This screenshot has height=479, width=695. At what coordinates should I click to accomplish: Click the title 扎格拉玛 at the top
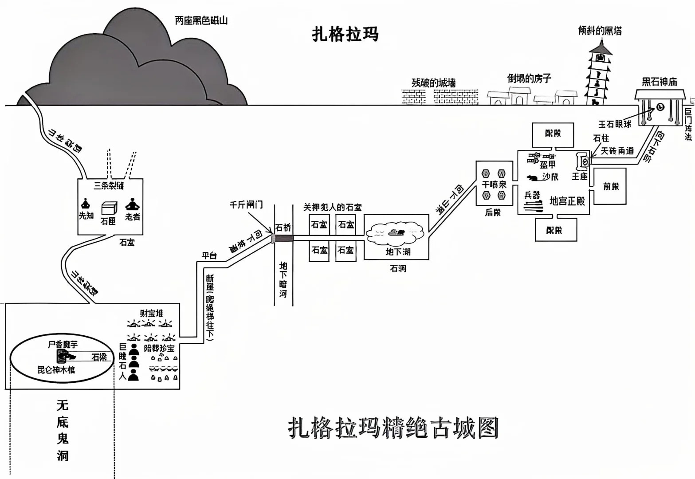click(346, 34)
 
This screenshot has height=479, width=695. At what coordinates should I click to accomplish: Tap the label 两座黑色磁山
click(201, 20)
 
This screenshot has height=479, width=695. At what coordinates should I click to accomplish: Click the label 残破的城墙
click(433, 83)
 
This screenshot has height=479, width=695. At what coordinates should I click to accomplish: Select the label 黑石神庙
click(660, 82)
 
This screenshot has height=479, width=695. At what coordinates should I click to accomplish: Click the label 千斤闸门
click(246, 204)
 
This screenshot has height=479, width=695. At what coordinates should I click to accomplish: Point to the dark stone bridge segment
click(283, 239)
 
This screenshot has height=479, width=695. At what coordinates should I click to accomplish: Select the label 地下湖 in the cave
click(398, 252)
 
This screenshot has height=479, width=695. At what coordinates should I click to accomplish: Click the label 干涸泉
click(494, 185)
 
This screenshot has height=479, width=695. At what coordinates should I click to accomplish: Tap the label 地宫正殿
click(567, 201)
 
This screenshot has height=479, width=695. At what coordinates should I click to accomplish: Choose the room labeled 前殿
click(610, 186)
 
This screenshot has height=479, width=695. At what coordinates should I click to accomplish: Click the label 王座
click(579, 177)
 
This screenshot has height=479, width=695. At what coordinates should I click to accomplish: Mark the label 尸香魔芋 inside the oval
click(63, 344)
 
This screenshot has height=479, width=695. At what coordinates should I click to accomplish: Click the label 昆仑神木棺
click(56, 369)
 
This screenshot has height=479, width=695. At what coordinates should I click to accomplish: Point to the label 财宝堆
click(151, 314)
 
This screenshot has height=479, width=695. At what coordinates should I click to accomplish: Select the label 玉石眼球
click(614, 124)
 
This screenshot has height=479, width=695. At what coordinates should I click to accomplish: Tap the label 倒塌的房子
click(529, 79)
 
